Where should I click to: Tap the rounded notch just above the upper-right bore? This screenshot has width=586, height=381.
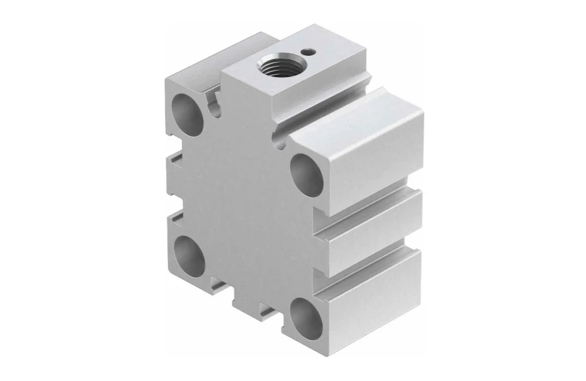pos(282,142)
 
